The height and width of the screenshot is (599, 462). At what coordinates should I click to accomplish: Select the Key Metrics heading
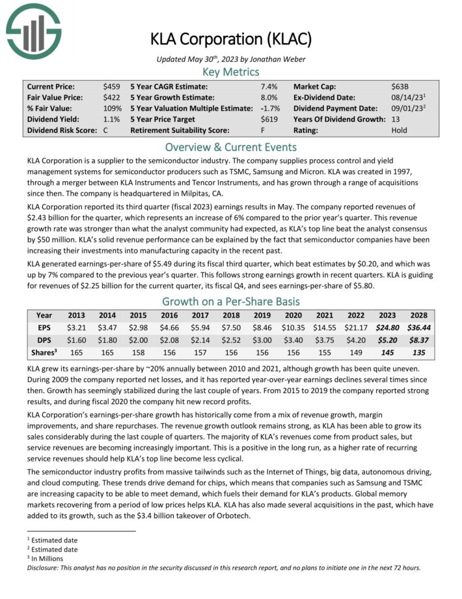point(231,72)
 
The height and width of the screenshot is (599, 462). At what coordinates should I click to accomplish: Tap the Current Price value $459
point(111,87)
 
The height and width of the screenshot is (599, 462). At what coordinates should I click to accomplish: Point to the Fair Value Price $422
point(111,98)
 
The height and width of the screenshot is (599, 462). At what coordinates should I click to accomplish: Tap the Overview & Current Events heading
point(231,147)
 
